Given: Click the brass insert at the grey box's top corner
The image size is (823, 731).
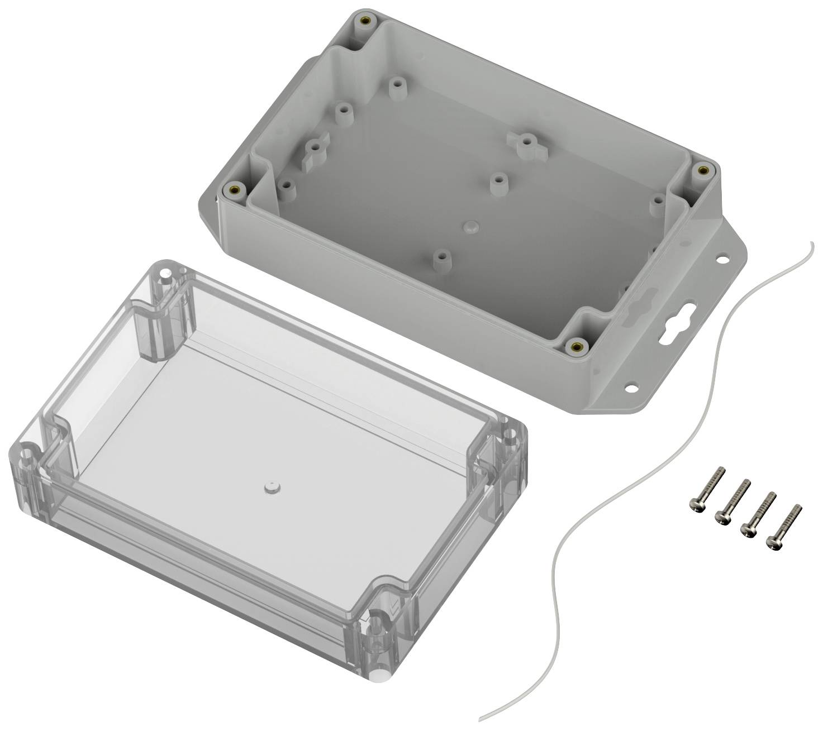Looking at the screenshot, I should coord(367,21).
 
